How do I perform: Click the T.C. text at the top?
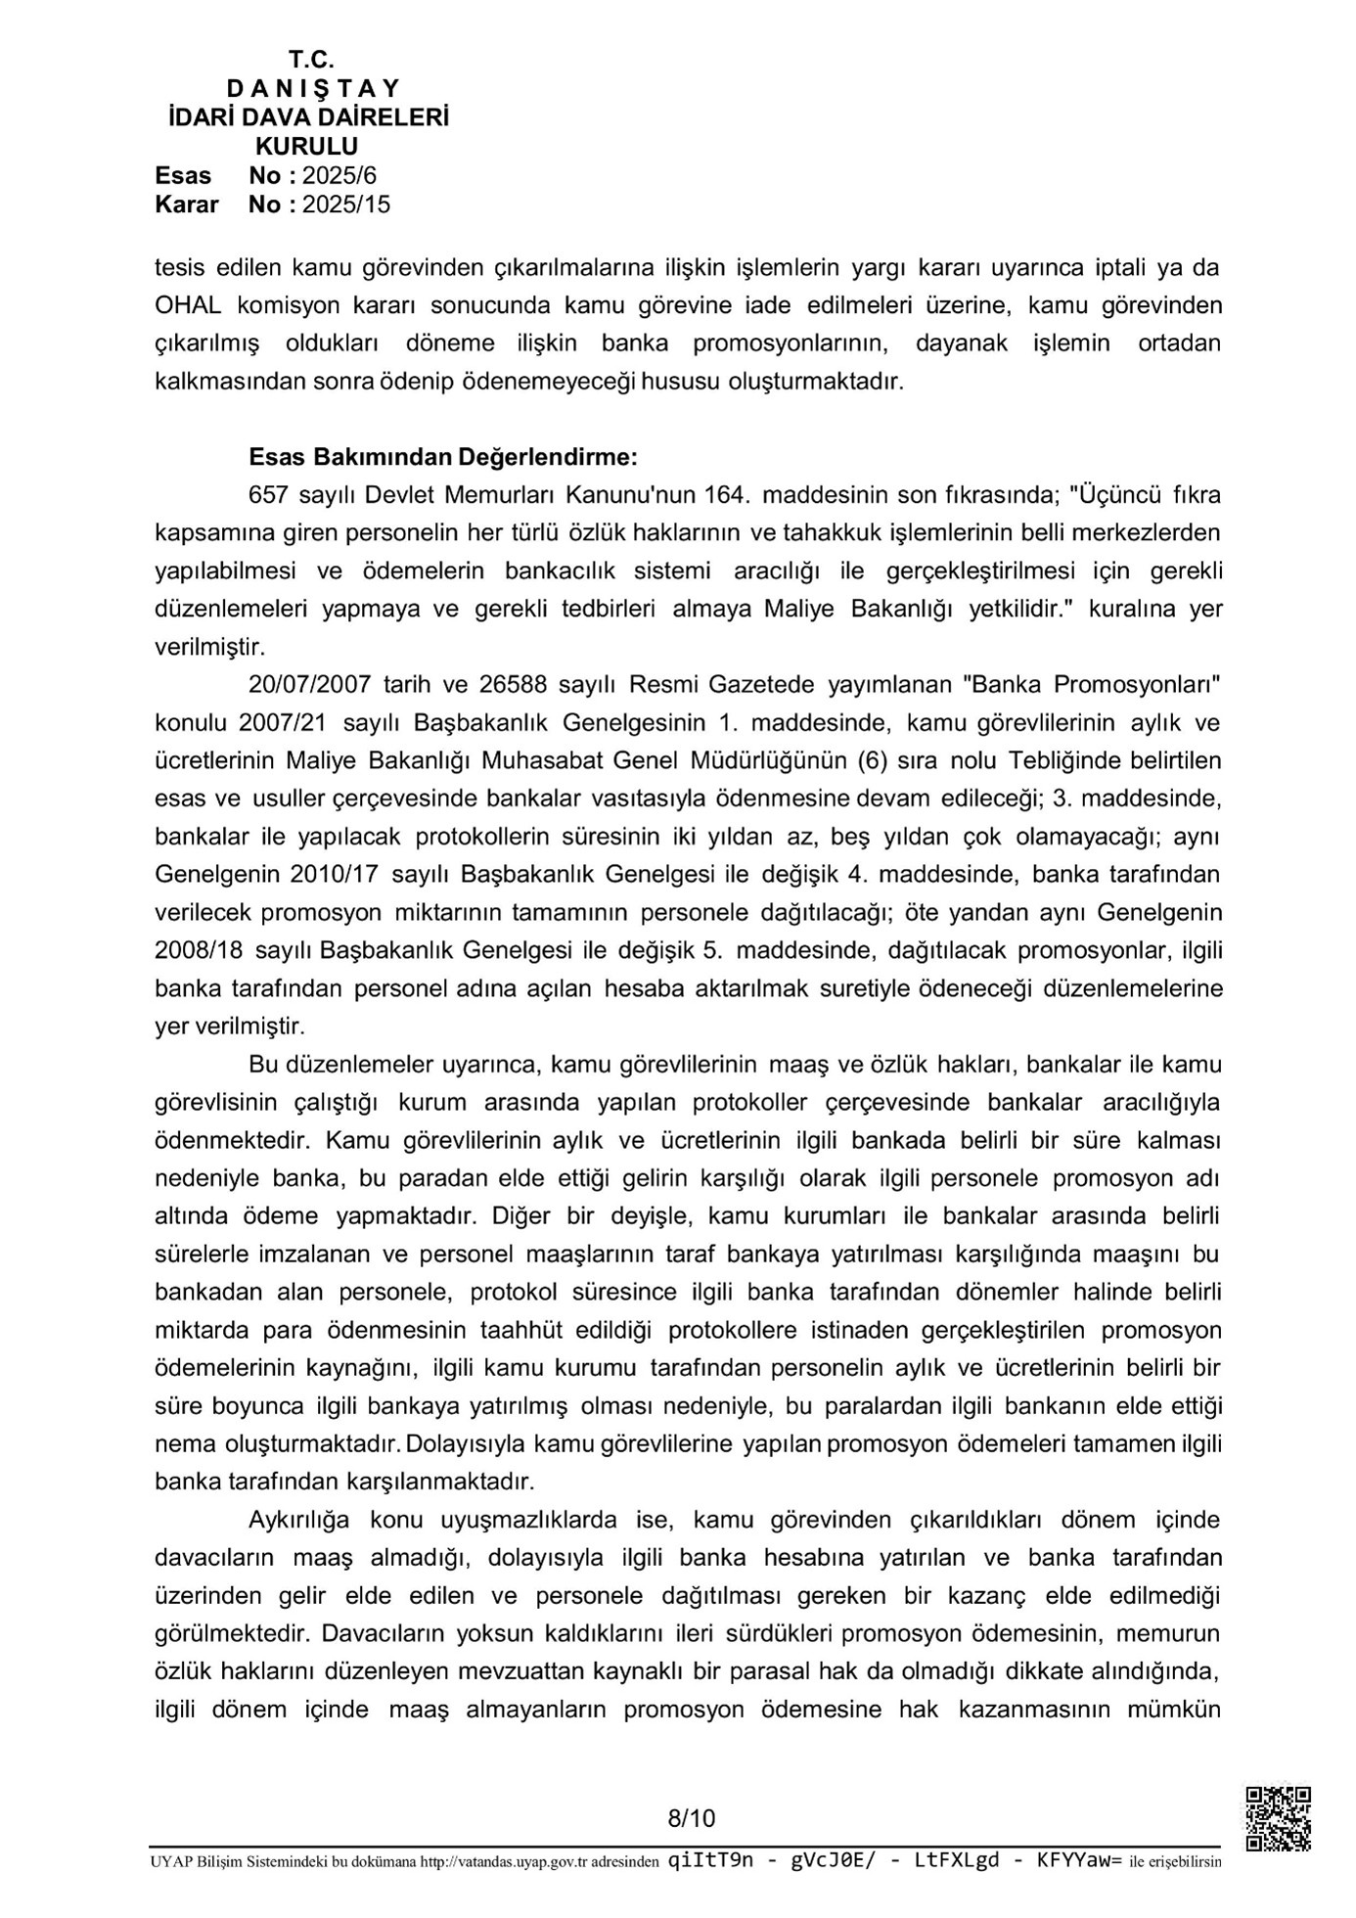point(311,61)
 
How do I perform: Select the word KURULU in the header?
point(306,147)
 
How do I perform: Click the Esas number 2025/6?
point(339,176)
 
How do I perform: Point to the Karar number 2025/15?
point(345,205)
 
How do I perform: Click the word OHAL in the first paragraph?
point(188,305)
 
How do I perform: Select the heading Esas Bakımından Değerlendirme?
point(444,457)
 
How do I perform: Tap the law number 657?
point(269,495)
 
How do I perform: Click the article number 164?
point(725,495)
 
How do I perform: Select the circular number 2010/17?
point(337,874)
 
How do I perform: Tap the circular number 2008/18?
point(201,950)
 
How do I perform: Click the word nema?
point(181,1444)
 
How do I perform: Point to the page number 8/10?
point(692,1818)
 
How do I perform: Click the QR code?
point(1278,1818)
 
